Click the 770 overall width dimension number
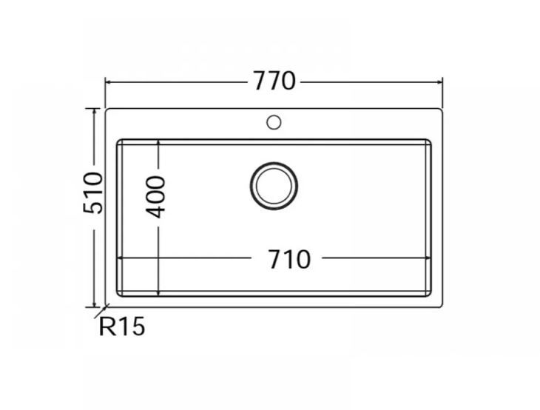(274, 80)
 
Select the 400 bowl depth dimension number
(157, 196)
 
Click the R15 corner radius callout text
(122, 326)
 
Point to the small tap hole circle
(274, 121)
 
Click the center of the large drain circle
(274, 185)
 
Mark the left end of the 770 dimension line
(106, 81)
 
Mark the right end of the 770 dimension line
(442, 81)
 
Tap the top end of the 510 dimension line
(94, 109)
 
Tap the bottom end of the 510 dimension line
(94, 306)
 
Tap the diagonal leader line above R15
(104, 312)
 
